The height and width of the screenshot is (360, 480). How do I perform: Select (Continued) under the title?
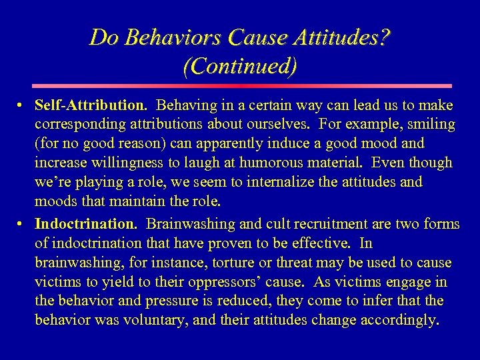pos(239,67)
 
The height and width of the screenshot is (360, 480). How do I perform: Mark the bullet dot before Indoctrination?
pos(22,223)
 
